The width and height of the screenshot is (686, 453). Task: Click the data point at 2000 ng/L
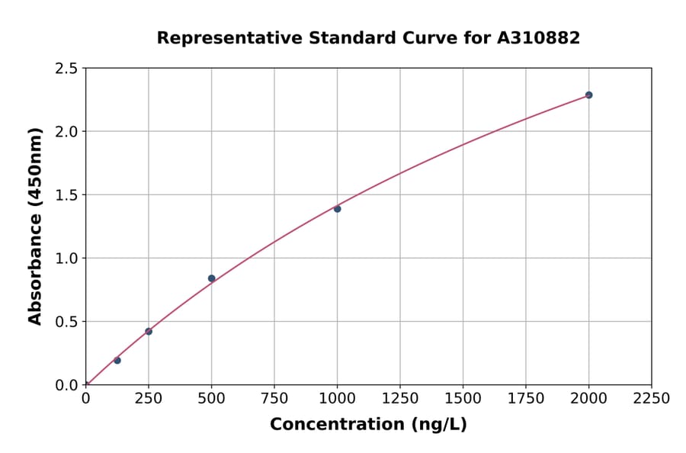coord(588,95)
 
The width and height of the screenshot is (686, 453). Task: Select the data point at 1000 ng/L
coord(337,209)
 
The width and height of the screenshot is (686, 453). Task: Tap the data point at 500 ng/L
coord(211,278)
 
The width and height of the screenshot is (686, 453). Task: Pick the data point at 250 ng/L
coord(149,332)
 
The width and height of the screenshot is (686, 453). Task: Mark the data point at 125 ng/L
coord(117,360)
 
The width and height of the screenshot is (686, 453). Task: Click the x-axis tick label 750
coord(274,399)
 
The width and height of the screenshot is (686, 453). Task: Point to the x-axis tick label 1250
coord(399,399)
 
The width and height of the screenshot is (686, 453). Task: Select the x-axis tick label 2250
coord(651,399)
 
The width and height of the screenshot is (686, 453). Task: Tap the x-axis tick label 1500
coord(463,399)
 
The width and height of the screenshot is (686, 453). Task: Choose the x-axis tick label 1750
coord(525,399)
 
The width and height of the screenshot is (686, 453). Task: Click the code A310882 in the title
coord(538,38)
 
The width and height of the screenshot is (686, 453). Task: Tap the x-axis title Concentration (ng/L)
coord(368,425)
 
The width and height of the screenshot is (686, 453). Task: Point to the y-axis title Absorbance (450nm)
coord(35,226)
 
